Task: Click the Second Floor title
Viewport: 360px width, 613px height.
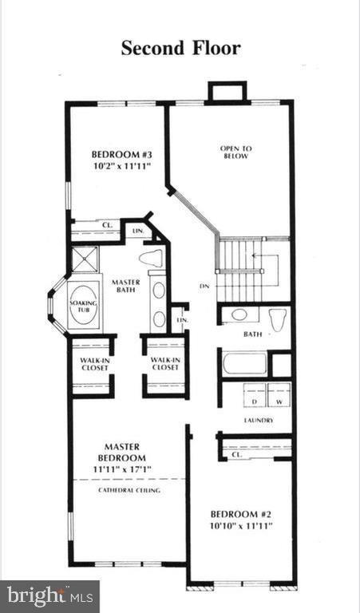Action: click(180, 48)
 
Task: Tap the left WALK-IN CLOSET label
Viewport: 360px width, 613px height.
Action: click(93, 363)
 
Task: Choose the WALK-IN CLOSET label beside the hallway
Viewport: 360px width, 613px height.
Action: click(164, 363)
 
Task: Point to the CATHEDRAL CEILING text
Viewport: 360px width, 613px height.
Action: click(129, 490)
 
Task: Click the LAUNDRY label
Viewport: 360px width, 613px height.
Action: click(259, 420)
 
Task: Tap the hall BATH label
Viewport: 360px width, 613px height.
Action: click(253, 334)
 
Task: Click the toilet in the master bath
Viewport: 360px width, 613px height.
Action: click(151, 258)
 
